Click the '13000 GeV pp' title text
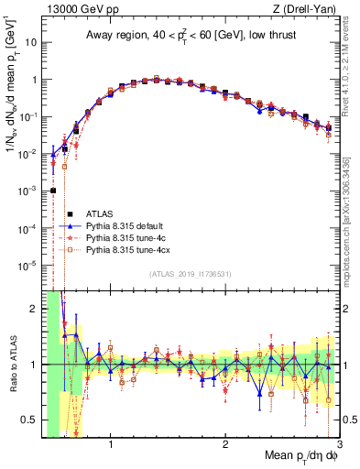81,10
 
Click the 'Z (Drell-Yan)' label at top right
303,10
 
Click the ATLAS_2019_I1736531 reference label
188,274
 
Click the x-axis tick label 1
110,445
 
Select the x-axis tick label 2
224,445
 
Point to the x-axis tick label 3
338,445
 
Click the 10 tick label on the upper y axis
32,42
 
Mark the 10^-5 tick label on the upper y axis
30,266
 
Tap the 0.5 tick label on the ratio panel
31,420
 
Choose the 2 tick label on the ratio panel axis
35,309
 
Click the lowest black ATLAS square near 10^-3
53,191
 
